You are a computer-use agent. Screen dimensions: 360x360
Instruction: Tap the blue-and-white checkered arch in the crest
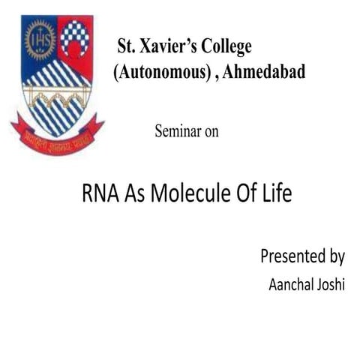coord(76,37)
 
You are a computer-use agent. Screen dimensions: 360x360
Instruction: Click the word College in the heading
coord(224,46)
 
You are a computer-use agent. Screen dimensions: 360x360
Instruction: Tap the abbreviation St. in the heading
coord(125,46)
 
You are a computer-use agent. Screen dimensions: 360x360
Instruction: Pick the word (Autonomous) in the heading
coord(156,73)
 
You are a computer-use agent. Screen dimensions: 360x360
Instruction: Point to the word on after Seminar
coord(211,131)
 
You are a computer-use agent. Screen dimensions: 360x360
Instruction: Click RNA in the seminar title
coord(97,195)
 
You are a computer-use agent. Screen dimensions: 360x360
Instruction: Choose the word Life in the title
coord(274,195)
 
